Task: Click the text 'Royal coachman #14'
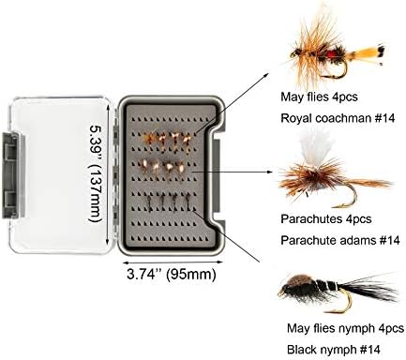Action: point(338,118)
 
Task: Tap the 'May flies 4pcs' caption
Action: point(319,97)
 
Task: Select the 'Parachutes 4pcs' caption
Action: point(326,218)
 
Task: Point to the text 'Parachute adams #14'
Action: point(340,240)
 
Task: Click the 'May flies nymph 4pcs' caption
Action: point(345,328)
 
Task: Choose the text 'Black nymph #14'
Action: point(334,350)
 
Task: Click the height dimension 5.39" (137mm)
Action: point(96,173)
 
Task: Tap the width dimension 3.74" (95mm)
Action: point(172,275)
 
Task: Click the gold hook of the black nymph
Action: point(342,302)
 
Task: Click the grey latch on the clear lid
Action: point(12,175)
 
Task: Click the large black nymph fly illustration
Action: point(338,292)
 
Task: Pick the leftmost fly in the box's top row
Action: point(149,138)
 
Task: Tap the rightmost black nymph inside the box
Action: point(188,202)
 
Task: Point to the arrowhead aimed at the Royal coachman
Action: point(266,75)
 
